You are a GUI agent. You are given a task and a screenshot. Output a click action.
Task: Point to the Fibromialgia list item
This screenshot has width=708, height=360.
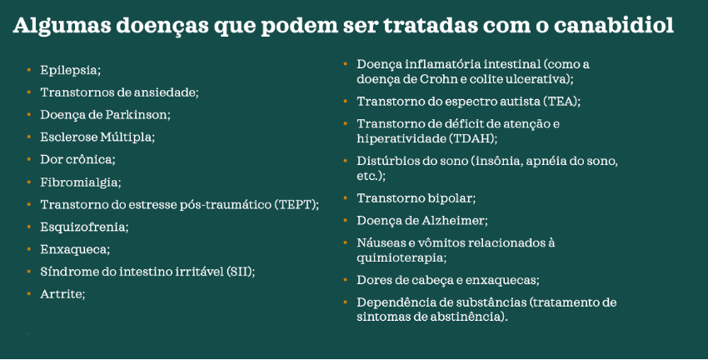(80, 182)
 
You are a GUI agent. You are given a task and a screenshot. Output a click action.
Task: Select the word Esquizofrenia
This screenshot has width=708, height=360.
(84, 227)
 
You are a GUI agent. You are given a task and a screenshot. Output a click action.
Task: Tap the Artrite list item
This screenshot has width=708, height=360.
(62, 294)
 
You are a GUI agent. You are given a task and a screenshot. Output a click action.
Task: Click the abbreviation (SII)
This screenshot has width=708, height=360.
(238, 272)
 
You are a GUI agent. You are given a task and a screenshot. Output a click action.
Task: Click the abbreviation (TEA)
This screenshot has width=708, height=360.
(560, 102)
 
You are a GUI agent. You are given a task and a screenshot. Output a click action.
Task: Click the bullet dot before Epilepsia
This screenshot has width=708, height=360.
(28, 70)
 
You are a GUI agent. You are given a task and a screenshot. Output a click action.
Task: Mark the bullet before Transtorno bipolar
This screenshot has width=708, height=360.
(346, 198)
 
